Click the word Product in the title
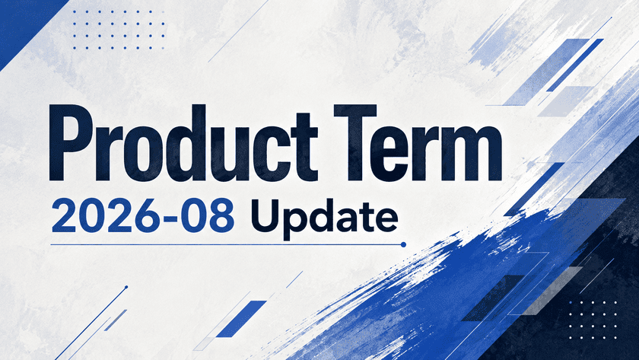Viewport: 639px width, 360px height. tap(183, 142)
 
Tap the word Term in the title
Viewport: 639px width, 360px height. tap(418, 142)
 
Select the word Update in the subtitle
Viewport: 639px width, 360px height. tap(324, 217)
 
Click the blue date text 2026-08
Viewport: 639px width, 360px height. tap(143, 216)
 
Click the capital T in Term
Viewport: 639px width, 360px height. tap(355, 142)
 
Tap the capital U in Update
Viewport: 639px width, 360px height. tap(265, 216)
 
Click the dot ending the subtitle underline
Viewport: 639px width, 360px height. tap(403, 244)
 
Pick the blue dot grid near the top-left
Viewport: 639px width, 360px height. tap(119, 30)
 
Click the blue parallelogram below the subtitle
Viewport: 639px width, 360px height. tap(241, 319)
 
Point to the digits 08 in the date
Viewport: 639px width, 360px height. tap(208, 216)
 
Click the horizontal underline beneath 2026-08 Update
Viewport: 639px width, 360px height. tap(227, 244)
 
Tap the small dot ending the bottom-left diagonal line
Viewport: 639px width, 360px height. tap(126, 287)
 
